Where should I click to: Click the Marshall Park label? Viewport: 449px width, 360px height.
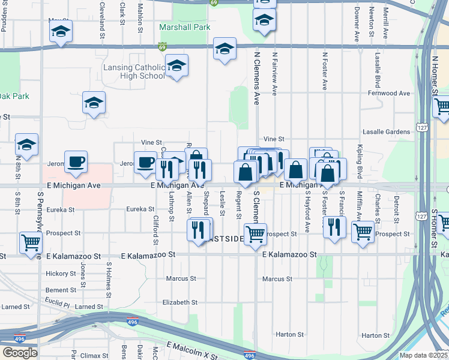click(185, 27)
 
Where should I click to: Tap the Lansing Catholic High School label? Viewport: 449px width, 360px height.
click(134, 72)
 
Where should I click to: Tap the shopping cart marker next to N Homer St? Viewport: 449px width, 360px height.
click(442, 107)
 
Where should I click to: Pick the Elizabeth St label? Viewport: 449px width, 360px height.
click(179, 302)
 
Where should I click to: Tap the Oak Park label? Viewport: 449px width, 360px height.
click(13, 96)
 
